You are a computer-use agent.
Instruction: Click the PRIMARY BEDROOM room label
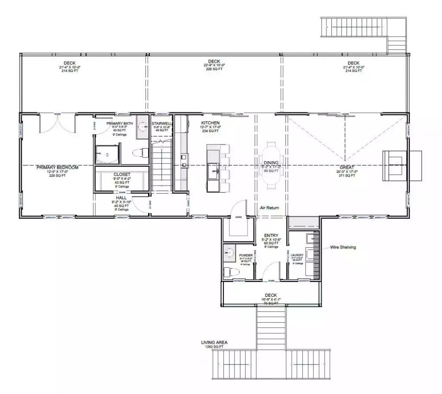pos(57,167)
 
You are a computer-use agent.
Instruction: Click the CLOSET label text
pos(122,174)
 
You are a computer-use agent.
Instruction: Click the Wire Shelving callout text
pos(343,247)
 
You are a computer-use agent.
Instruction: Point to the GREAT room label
pos(347,167)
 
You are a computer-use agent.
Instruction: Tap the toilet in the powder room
pos(229,271)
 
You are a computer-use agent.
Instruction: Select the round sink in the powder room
pos(229,253)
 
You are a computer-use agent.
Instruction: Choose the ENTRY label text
pos(271,235)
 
